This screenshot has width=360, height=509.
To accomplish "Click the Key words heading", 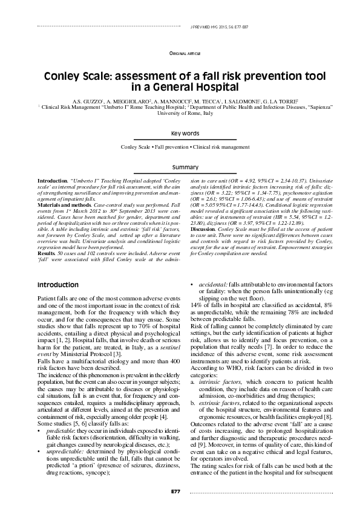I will coord(185,133).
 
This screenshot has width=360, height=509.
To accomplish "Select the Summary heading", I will coord(185,167).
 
